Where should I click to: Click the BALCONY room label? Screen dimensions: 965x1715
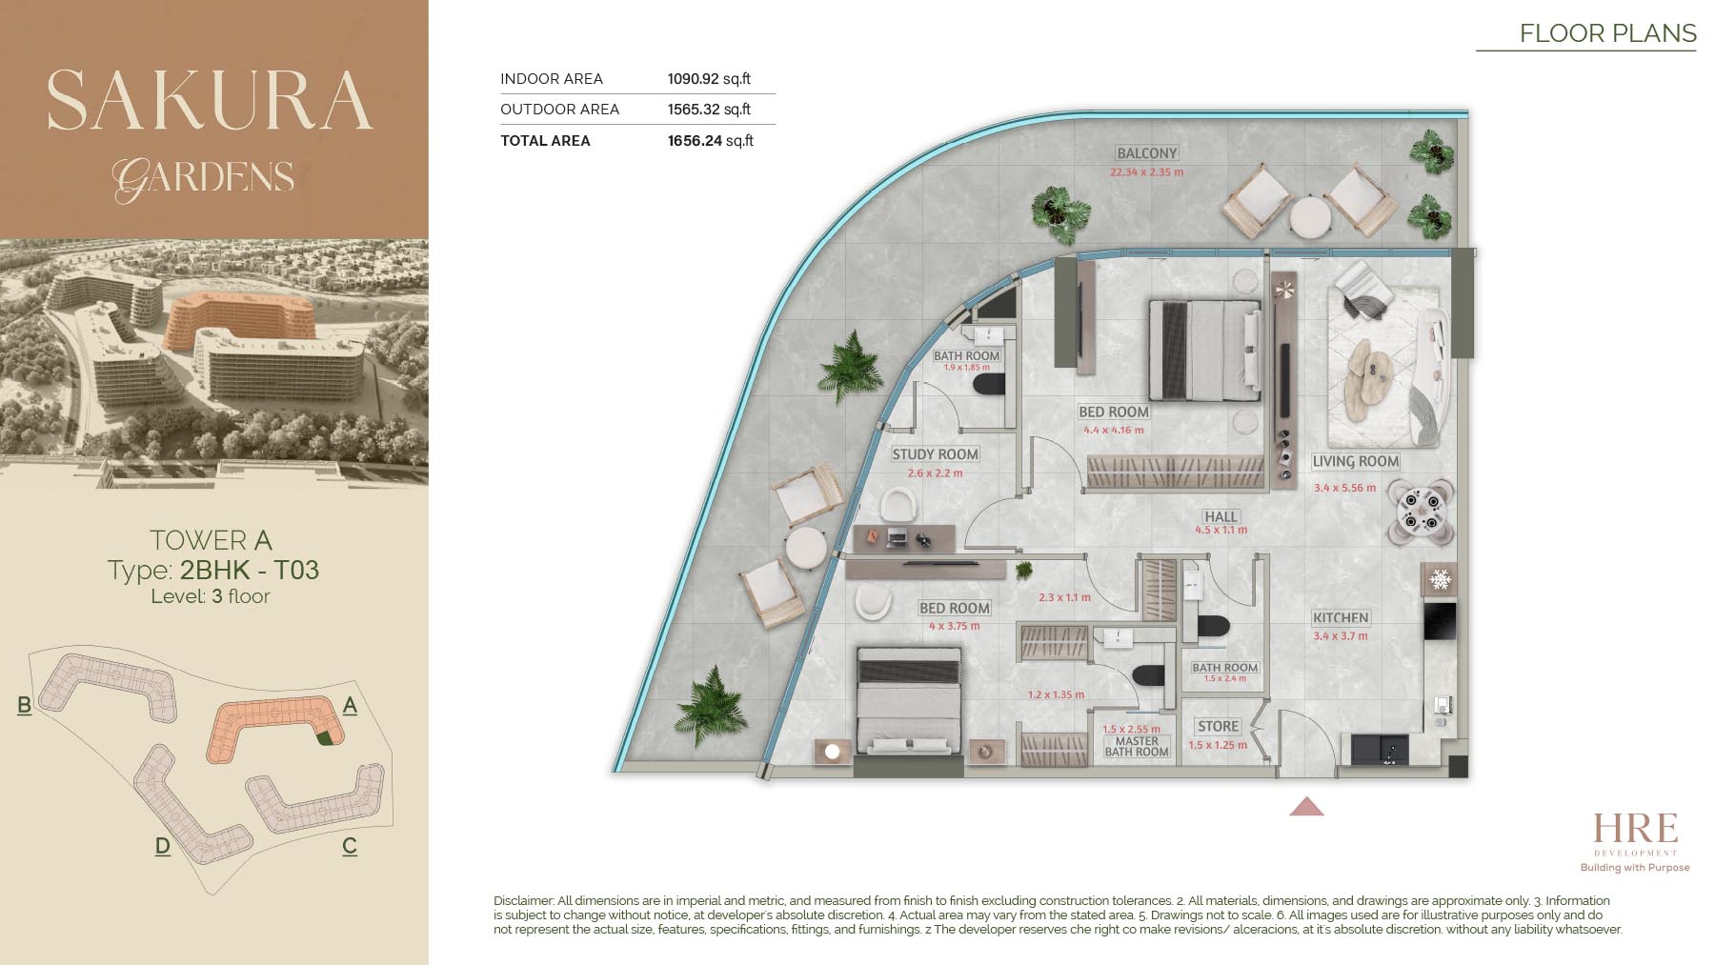pos(1147,153)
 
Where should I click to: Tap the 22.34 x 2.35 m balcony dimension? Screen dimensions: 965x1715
pos(1146,172)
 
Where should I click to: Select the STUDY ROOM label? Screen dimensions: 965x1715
pos(935,454)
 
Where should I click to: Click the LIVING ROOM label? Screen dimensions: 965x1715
pos(1355,461)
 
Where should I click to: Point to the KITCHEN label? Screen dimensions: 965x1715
pos(1341,617)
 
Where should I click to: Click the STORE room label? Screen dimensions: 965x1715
pos(1218,726)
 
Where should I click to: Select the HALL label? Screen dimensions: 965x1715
pos(1221,516)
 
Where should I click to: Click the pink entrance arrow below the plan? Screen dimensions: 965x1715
pos(1306,807)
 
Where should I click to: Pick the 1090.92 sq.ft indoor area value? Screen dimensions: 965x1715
pos(709,79)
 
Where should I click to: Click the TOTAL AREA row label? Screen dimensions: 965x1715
pos(545,141)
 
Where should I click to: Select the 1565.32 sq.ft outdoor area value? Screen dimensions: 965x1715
pos(709,110)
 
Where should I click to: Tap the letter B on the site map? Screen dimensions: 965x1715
pos(25,705)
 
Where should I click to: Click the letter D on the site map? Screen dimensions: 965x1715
pos(163,846)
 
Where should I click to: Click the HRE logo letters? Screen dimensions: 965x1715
pos(1635,828)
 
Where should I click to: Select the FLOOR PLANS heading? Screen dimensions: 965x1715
pos(1607,33)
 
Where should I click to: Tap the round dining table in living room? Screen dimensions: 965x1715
pos(1421,512)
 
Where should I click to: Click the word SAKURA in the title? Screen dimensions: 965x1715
pos(210,101)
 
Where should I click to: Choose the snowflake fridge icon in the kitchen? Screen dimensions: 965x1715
pos(1440,579)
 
